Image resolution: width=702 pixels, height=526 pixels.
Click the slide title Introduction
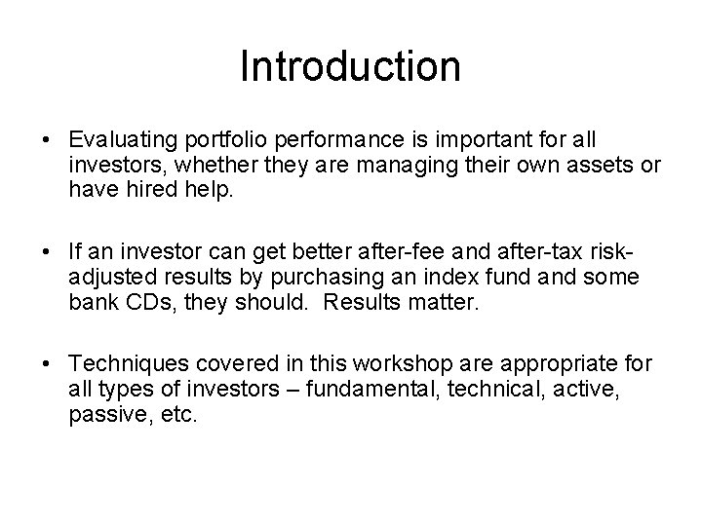point(350,67)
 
